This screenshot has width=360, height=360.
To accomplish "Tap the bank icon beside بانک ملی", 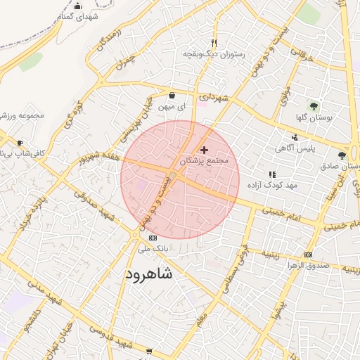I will pos(153,238).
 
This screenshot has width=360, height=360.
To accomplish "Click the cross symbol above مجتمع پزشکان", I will pos(205,149).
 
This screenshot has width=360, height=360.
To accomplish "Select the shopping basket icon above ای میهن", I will pos(172,95).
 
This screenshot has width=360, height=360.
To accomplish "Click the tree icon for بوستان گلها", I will pos(314,106).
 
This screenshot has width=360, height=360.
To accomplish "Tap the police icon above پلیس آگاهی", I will pos(295,137).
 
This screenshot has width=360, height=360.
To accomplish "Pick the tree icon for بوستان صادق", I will pos(342,155).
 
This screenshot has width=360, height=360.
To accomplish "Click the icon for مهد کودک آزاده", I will pos(271,174).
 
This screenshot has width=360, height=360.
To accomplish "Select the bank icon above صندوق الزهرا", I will pos(307,254).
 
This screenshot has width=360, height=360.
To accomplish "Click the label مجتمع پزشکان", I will pos(205,161).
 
